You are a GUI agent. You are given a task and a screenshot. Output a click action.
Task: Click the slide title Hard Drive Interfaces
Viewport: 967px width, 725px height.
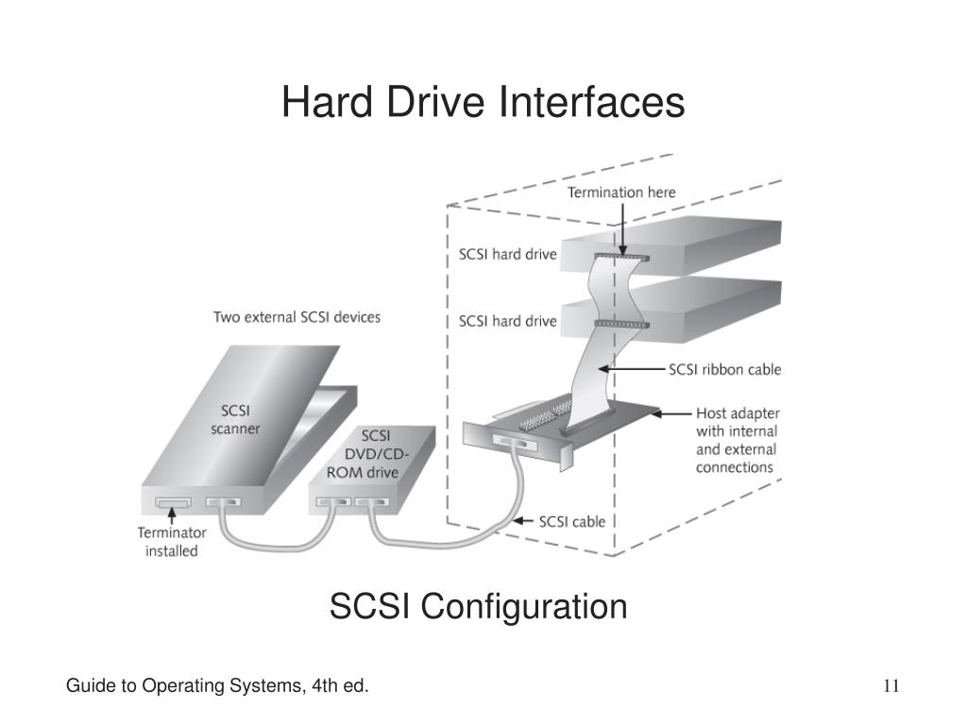(483, 102)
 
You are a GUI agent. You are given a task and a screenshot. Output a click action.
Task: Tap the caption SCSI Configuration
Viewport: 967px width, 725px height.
(478, 606)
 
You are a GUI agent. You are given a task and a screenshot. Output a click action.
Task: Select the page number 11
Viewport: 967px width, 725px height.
(891, 685)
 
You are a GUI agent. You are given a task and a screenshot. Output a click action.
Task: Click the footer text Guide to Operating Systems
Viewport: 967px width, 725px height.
(216, 685)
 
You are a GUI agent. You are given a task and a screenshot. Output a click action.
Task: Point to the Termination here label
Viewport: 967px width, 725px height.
(621, 193)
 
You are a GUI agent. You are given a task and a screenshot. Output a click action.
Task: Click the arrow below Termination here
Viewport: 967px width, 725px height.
(622, 228)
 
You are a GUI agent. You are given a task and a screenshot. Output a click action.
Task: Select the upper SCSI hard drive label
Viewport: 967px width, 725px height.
(507, 254)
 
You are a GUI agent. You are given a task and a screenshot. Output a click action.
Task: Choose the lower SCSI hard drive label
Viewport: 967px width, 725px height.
(507, 321)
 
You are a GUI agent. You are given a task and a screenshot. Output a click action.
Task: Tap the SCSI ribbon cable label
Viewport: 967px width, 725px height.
(724, 369)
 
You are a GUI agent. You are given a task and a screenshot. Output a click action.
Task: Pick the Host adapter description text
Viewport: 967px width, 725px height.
(737, 440)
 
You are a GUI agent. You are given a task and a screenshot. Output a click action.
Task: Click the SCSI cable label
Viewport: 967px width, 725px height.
(571, 521)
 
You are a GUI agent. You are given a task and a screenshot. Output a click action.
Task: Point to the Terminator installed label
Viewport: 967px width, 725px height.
(171, 541)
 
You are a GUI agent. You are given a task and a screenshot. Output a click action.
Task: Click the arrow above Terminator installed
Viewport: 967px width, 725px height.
(171, 516)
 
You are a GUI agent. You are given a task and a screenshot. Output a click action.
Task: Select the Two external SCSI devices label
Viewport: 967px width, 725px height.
(297, 317)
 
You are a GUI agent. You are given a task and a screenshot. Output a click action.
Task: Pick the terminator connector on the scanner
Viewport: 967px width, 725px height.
(172, 502)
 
